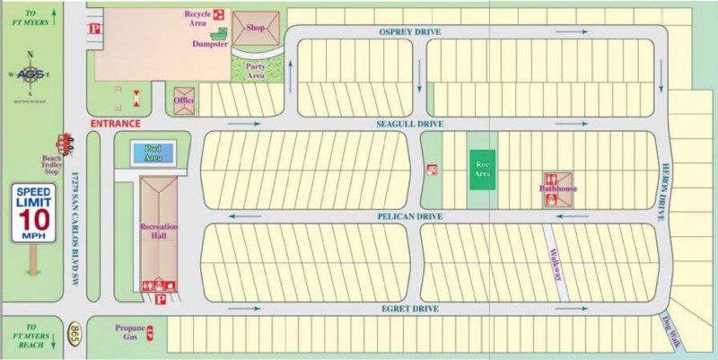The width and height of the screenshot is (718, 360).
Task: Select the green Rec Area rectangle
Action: coord(483,169)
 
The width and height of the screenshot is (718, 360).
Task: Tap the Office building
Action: coord(185,100)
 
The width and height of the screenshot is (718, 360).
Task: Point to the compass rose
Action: coord(31,75)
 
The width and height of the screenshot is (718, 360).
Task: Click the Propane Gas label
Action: coord(130,332)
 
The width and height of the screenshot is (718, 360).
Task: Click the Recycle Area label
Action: coord(197,18)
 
